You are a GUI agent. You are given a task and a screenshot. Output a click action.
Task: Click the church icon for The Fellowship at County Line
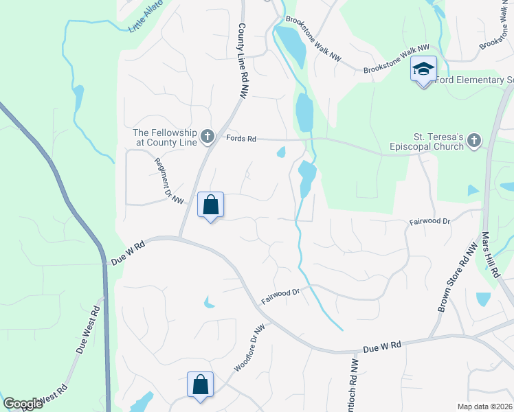(208, 138)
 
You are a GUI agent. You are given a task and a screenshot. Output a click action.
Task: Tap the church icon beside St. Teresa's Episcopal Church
(473, 141)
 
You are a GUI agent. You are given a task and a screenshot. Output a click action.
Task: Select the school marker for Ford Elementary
(424, 69)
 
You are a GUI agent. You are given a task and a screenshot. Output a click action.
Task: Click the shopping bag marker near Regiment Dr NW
(210, 205)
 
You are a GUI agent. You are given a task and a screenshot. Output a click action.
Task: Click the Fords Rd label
(241, 139)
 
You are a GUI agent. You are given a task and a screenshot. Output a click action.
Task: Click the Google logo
(23, 404)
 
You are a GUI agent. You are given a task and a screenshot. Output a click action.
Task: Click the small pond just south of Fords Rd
(281, 152)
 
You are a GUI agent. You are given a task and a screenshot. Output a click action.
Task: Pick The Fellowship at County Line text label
(165, 138)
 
